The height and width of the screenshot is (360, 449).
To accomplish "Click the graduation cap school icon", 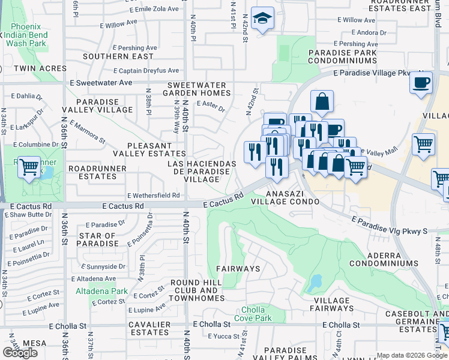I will (x=262, y=19).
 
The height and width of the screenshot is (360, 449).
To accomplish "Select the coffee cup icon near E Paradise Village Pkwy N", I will (x=421, y=82).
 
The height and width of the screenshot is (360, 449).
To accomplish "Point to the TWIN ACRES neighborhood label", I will (x=23, y=69).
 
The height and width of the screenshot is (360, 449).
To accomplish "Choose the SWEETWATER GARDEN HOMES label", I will (x=199, y=89).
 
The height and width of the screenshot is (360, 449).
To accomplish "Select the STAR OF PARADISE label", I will (x=98, y=239).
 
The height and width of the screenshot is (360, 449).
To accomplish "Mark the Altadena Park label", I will (x=101, y=291).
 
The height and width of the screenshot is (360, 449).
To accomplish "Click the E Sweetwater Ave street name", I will (x=101, y=82).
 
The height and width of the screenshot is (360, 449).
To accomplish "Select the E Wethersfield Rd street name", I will (x=153, y=195).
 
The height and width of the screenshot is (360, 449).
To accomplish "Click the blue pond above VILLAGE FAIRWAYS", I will (x=314, y=282).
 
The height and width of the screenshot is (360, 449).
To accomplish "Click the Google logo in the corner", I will (x=20, y=353).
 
